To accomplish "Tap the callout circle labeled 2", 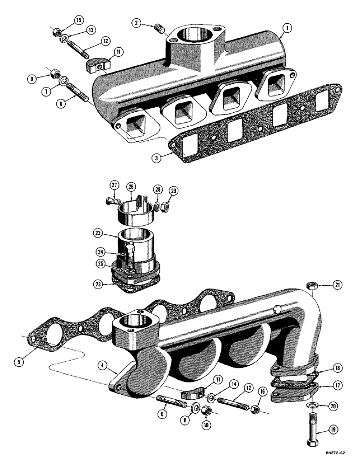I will (136, 23).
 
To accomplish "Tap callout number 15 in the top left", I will (78, 20).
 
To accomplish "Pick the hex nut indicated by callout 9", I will (53, 74).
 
